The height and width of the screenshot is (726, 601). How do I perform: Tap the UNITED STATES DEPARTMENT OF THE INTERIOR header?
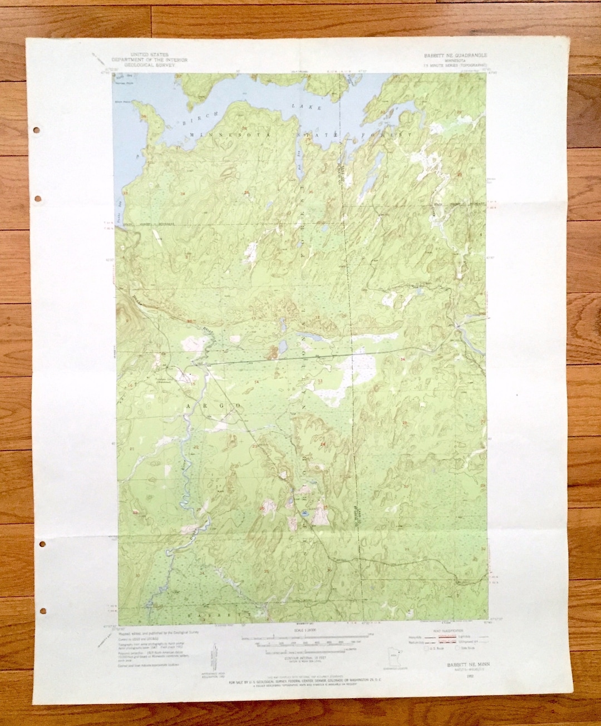click(149, 60)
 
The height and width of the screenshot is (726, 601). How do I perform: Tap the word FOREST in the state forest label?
click(393, 135)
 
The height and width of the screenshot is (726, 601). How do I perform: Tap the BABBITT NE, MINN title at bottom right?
click(464, 664)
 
